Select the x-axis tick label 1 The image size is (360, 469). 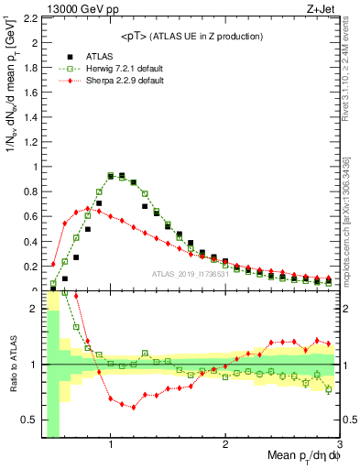point(111,444)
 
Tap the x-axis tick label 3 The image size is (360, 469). point(338,444)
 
